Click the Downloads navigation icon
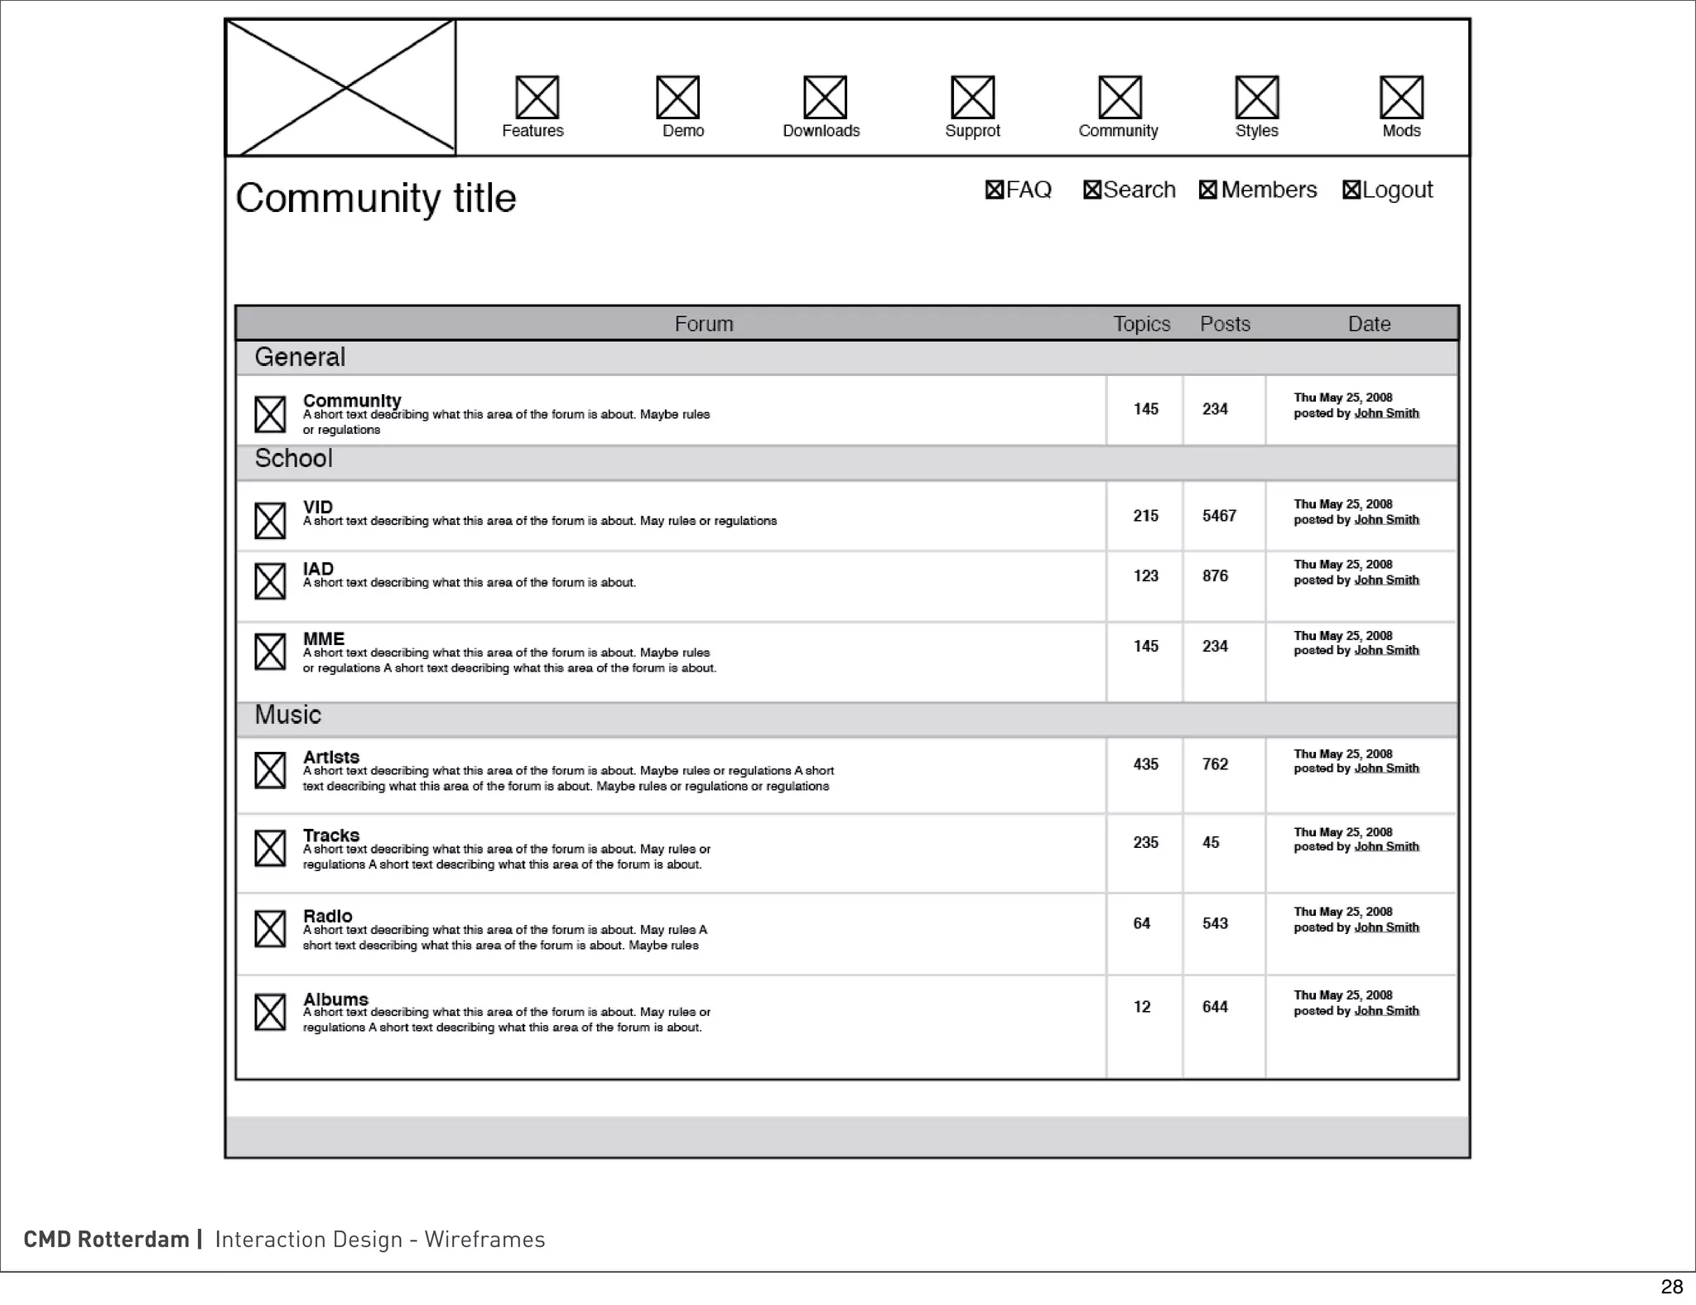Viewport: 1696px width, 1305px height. click(825, 98)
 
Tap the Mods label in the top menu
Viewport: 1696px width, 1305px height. click(1401, 131)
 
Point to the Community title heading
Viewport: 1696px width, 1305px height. click(376, 198)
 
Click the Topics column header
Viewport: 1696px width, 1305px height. click(1141, 324)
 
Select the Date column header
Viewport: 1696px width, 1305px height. click(1368, 324)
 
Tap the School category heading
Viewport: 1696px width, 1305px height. click(293, 459)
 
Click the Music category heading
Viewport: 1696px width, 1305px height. click(287, 715)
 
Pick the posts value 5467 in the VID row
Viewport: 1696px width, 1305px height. click(1219, 516)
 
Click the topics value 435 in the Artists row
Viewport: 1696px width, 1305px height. click(1145, 764)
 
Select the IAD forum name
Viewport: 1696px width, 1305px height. click(318, 569)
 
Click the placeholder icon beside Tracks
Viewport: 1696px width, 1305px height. click(270, 848)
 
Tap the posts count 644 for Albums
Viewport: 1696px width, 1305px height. click(1215, 1007)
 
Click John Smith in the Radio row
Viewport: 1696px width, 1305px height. click(1386, 927)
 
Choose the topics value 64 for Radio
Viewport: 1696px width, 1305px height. click(1141, 923)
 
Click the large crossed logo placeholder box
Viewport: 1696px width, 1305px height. click(340, 88)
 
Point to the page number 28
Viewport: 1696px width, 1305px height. click(1671, 1286)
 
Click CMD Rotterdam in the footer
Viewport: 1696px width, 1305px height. click(107, 1239)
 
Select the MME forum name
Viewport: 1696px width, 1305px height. click(323, 639)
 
